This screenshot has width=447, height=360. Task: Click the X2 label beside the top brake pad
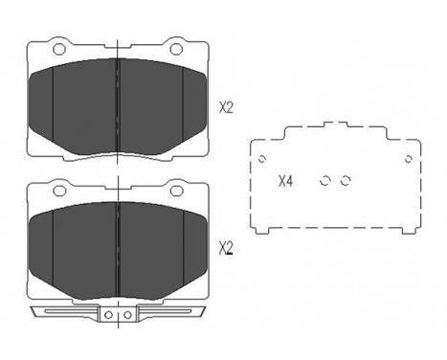pos(226,108)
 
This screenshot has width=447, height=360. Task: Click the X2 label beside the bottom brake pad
pos(226,248)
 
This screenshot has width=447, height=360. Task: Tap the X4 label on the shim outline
pos(284,179)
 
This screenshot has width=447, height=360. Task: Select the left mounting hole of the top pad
pos(57,50)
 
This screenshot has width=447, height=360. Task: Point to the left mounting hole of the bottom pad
pos(57,190)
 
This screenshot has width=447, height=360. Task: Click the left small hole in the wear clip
pos(108,313)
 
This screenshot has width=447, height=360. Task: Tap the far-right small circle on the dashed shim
pos(408,159)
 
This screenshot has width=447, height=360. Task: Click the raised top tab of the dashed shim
pos(334,125)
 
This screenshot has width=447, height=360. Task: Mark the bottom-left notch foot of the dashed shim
pos(267,229)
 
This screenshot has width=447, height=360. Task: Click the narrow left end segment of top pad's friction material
pos(41,105)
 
